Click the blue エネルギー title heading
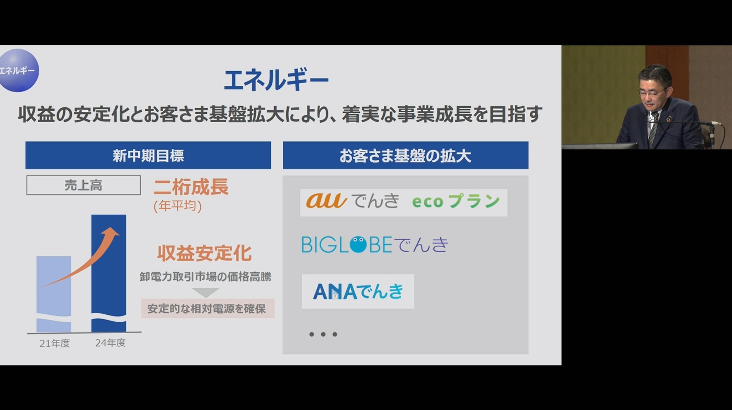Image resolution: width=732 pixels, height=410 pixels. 276,81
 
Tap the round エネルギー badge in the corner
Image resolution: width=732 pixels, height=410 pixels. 18,70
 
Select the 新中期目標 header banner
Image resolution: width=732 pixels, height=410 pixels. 148,155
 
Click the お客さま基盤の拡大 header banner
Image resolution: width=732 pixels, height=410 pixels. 406,155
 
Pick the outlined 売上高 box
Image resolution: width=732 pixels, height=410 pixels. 83,185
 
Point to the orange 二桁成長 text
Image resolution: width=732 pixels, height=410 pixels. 191,187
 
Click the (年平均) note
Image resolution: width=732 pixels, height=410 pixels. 178,206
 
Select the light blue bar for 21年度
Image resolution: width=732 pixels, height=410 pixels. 54,294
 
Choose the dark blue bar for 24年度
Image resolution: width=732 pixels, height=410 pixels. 109,273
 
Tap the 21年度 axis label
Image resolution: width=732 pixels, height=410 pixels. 54,343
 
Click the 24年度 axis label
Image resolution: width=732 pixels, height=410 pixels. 110,343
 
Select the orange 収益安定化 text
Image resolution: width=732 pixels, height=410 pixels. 204,253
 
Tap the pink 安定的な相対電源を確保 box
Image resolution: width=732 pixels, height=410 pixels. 208,309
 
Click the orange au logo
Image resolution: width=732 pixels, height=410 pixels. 326,201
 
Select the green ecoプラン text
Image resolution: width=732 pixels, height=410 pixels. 456,201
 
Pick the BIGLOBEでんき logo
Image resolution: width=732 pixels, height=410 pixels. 375,245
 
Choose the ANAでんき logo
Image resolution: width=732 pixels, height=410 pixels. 358,292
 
